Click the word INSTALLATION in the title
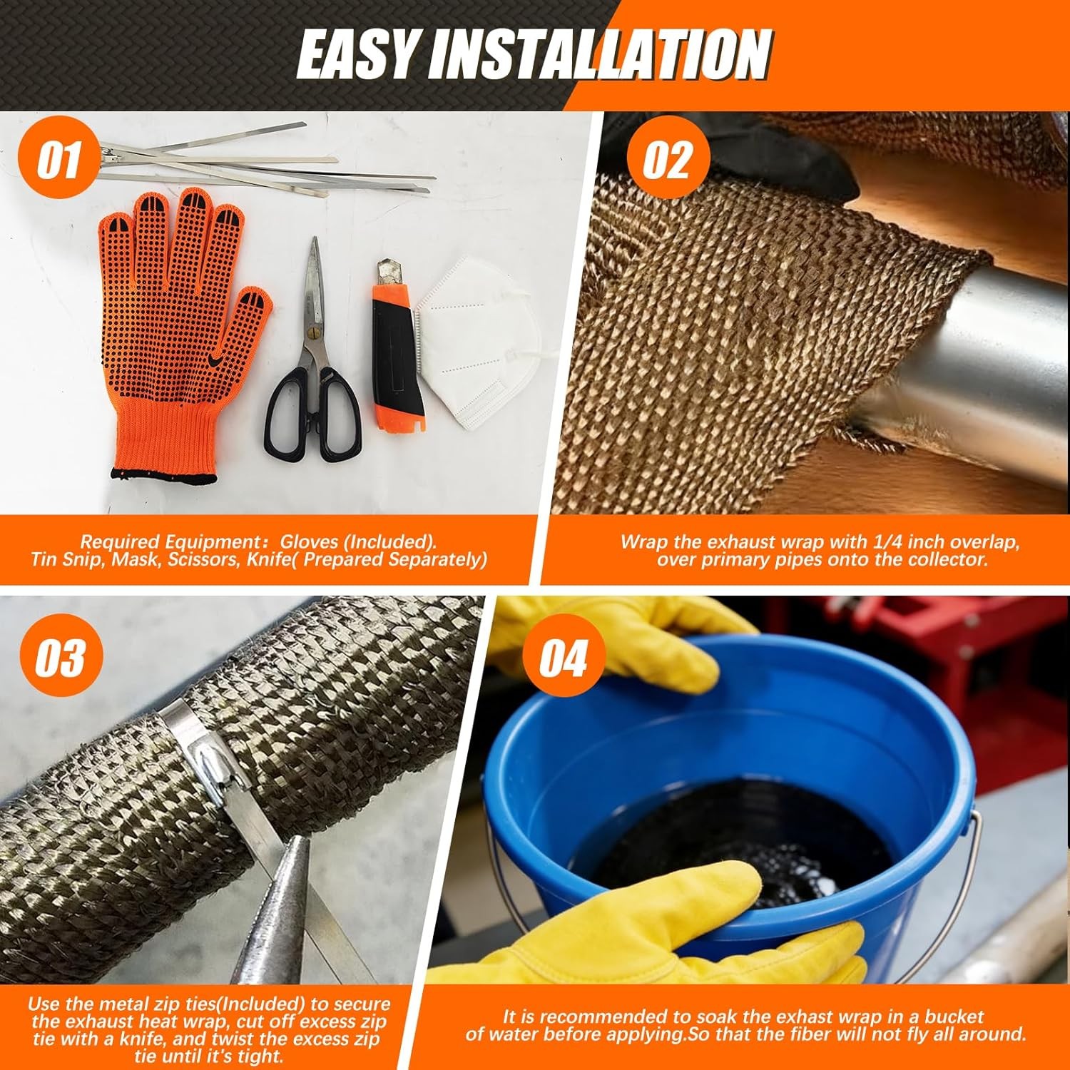[599, 55]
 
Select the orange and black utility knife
[399, 347]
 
